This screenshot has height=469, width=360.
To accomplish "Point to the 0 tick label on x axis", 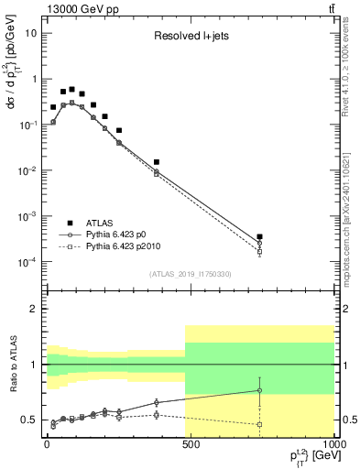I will tap(46, 442).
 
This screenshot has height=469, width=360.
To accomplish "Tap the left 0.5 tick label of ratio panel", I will tap(29, 420).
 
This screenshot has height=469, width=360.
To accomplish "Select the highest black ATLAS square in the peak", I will tap(71, 90).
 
